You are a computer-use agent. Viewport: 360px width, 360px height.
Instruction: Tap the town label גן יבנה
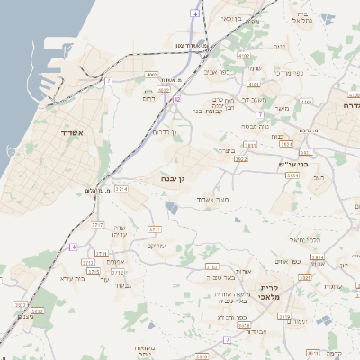(175, 179)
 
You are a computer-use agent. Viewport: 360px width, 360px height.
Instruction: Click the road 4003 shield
(151, 75)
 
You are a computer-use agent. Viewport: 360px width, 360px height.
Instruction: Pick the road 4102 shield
(164, 90)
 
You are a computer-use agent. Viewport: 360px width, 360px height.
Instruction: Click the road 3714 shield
(121, 189)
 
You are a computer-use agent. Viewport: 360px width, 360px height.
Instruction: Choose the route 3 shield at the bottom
(227, 339)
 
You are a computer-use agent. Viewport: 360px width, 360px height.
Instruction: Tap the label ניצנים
(25, 316)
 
